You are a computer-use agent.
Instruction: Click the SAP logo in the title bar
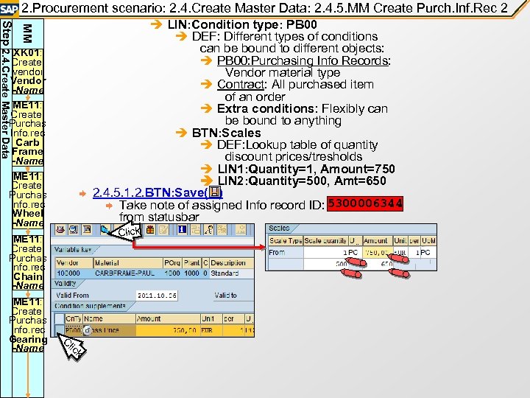coord(10,8)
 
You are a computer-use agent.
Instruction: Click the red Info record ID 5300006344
coord(366,204)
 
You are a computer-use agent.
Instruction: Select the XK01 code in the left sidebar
coord(26,54)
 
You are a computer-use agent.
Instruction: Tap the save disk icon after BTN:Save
coord(214,192)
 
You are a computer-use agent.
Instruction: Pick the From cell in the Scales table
coord(278,252)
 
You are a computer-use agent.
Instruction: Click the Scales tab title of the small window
coord(280,228)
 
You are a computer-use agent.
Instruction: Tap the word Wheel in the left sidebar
coord(28,213)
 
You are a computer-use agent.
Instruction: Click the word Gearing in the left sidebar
coord(28,340)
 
